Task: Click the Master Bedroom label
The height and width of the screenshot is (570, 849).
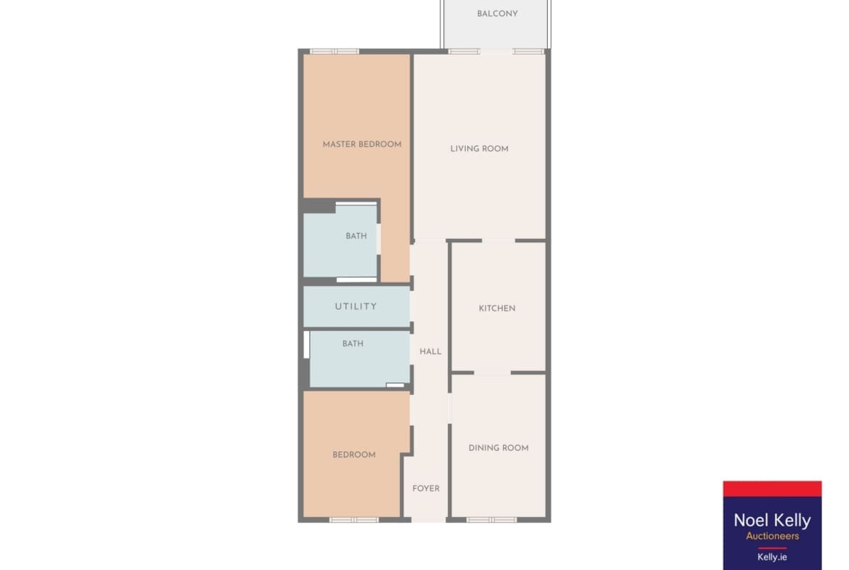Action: (x=361, y=144)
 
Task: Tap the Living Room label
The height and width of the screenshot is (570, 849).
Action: (x=479, y=148)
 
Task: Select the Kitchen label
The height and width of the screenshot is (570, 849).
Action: (x=497, y=309)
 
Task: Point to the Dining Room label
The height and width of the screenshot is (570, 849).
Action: (x=498, y=448)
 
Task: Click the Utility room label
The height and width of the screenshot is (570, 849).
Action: (x=356, y=306)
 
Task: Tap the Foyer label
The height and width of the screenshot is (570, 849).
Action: (x=426, y=489)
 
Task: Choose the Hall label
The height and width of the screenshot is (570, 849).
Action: (x=430, y=351)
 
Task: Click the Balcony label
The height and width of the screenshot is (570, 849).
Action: (x=497, y=14)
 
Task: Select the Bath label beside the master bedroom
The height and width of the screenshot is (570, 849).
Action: (x=356, y=236)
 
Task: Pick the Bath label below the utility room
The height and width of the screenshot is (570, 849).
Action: (x=353, y=343)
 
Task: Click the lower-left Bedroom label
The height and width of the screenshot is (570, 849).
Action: (x=354, y=455)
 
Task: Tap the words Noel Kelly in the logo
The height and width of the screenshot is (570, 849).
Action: (x=772, y=521)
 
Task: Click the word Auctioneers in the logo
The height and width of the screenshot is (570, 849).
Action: (x=772, y=537)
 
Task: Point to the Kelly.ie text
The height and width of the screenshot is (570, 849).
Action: (x=772, y=557)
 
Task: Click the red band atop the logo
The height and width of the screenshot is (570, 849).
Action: (x=772, y=489)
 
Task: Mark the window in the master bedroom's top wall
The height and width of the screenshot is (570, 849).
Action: (x=335, y=52)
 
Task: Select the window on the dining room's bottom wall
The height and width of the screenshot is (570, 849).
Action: (x=492, y=520)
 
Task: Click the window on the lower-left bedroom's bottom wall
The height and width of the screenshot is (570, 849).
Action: (x=354, y=520)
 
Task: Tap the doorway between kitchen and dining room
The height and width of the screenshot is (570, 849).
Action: (x=492, y=372)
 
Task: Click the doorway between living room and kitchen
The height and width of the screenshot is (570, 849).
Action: (x=498, y=240)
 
